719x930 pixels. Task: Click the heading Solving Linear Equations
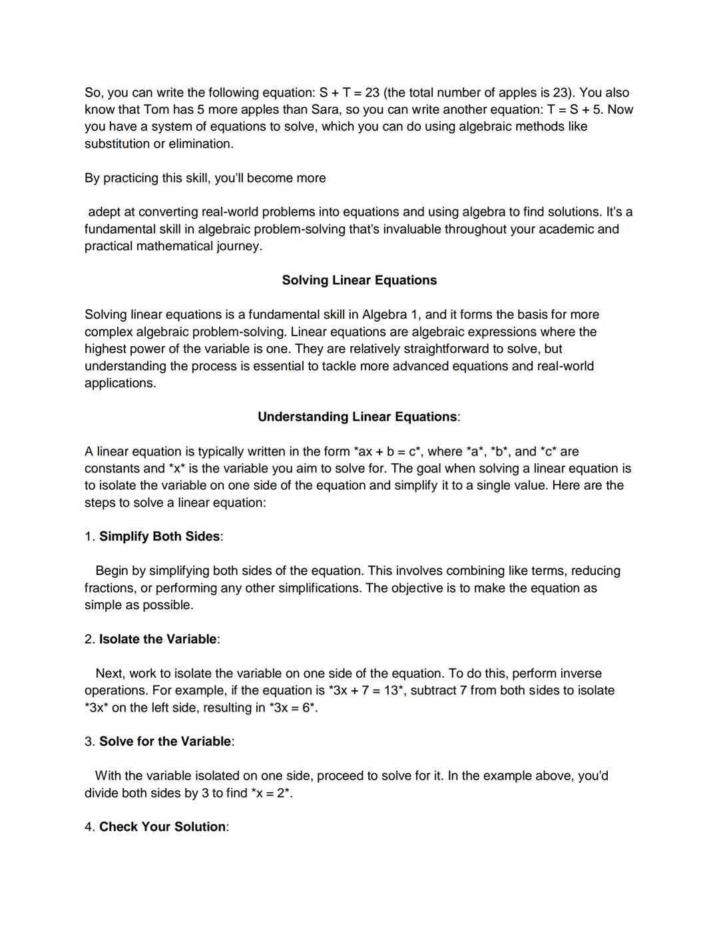359,280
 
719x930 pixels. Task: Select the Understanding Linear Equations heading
358,417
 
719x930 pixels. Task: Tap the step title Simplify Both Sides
159,537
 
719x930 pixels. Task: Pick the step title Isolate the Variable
158,639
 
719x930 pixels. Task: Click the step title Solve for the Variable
165,742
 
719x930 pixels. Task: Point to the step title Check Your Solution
162,827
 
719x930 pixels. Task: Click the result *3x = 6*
292,708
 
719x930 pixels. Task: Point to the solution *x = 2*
272,793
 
